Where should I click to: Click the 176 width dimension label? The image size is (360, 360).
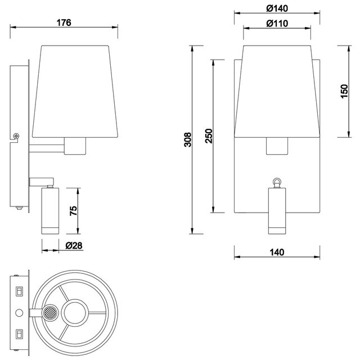point(64,23)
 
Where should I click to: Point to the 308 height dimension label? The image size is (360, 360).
point(188,139)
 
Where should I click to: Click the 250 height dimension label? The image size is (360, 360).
point(209,137)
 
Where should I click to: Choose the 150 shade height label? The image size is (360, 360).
point(344,91)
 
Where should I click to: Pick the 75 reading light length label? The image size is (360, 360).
point(74,211)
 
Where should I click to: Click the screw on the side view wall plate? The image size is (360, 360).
point(17,135)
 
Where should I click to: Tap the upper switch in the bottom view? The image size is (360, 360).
point(19,291)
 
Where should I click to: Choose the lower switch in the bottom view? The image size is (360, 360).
point(19,334)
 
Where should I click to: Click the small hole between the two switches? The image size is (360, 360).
point(20,312)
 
